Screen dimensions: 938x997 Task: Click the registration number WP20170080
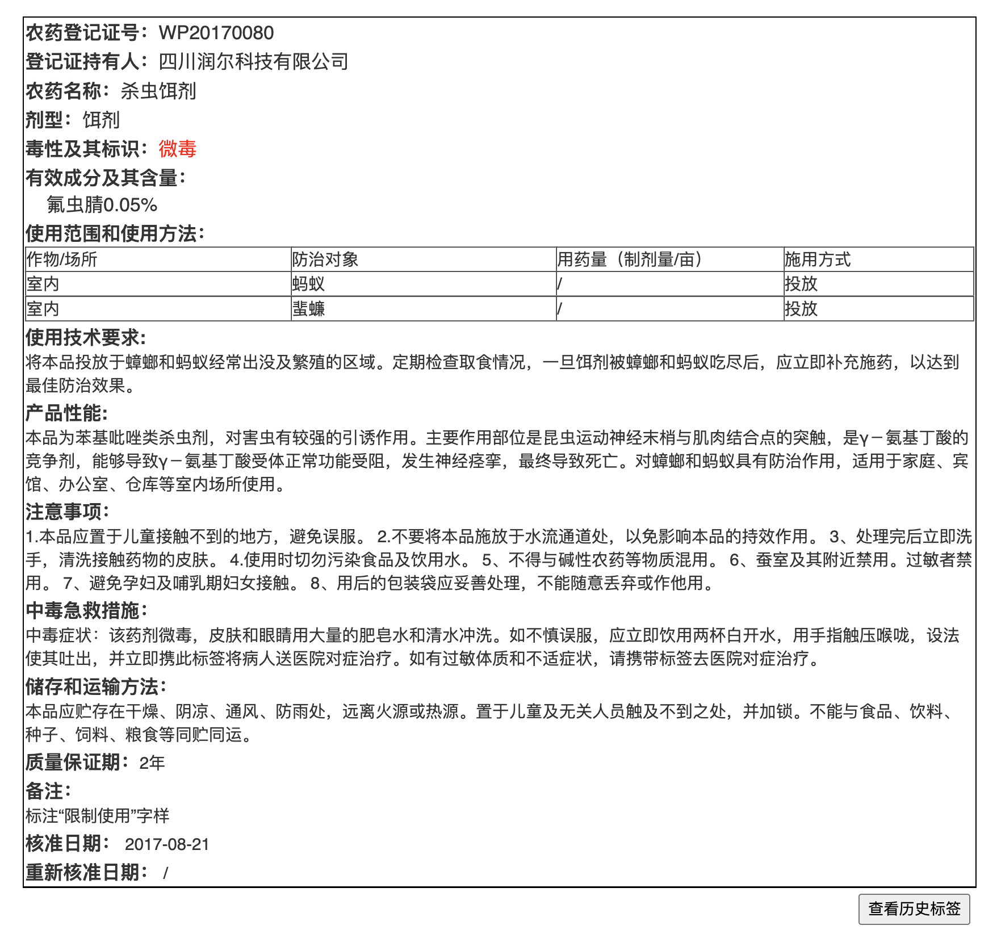216,33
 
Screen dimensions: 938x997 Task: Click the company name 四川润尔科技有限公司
253,61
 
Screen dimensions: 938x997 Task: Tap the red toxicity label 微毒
177,149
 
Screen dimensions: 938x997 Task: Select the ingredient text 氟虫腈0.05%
102,205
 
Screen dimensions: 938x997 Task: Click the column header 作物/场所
62,259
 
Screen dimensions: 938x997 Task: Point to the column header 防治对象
325,259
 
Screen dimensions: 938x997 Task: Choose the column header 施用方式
817,259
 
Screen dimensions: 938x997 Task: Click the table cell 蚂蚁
308,284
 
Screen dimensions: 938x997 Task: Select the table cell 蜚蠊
308,309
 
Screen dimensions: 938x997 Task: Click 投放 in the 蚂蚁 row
801,284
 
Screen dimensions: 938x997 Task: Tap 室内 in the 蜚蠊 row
43,309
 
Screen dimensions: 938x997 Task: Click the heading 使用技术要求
85,337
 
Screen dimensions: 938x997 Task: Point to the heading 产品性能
66,413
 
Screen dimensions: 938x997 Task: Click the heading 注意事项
66,512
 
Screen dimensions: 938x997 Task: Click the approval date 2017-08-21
167,844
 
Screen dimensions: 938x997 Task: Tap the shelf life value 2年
152,763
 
